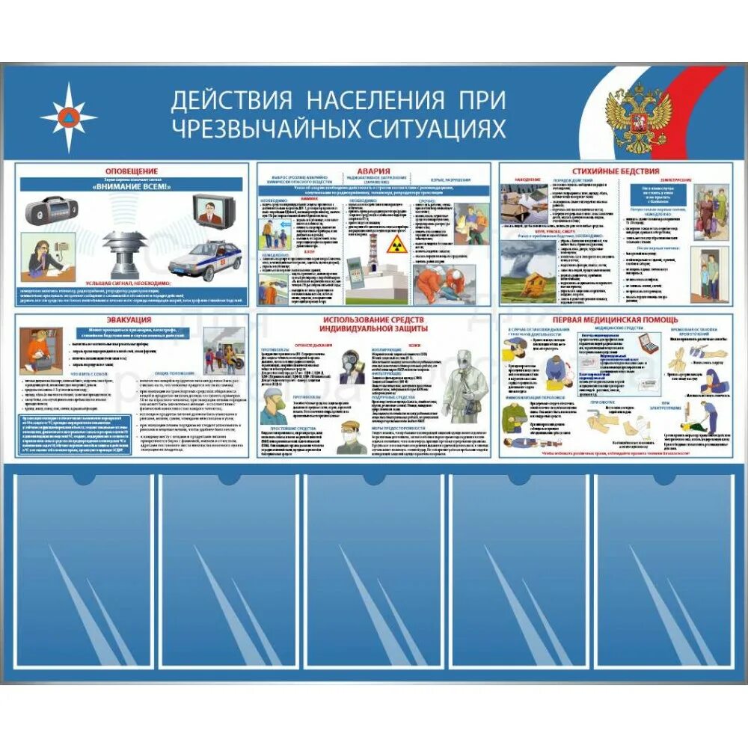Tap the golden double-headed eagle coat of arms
point(637,118)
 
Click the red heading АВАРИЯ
point(373,171)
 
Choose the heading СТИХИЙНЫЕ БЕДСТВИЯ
point(616,171)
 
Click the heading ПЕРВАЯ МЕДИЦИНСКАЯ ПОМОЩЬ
point(616,320)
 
